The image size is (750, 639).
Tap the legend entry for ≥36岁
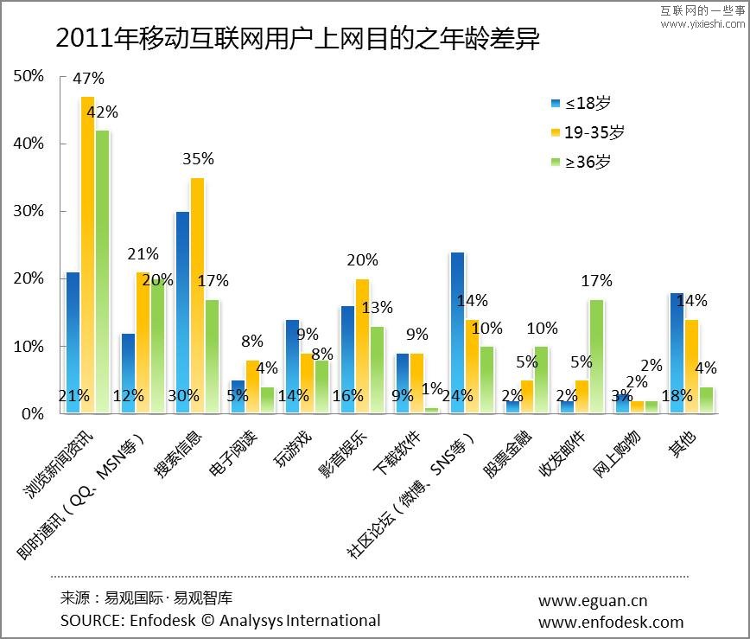point(581,162)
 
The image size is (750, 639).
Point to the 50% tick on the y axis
point(29,76)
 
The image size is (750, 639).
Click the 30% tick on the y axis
point(29,211)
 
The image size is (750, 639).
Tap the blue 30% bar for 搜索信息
point(182,312)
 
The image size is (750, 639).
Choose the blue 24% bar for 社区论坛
point(458,333)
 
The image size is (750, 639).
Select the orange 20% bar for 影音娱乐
point(362,346)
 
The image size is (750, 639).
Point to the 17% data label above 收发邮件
point(597,281)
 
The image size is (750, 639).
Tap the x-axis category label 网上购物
point(613,445)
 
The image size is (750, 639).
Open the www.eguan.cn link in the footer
point(593,601)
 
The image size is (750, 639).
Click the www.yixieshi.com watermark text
point(702,23)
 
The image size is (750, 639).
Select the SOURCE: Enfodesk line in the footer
point(220,620)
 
